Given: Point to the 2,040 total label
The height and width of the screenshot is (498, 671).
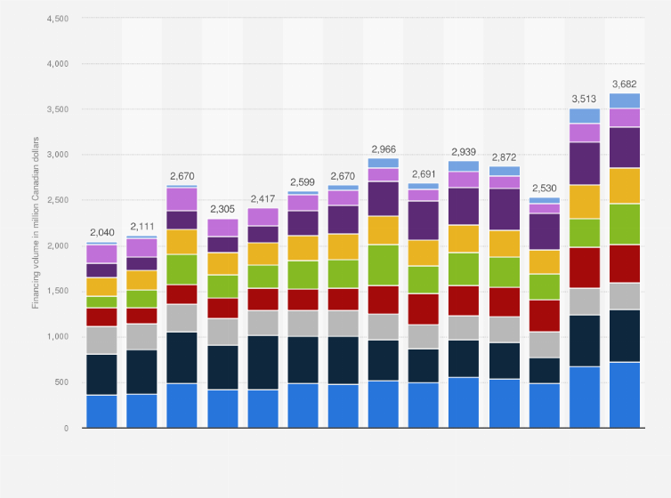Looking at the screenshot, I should tap(101, 233).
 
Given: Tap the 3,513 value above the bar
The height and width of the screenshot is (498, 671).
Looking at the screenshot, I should tap(584, 100).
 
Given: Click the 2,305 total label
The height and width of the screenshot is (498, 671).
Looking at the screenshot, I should tap(222, 210).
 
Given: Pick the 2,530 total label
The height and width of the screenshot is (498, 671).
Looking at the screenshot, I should tap(544, 189).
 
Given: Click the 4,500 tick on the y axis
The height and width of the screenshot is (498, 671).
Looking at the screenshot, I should tap(56, 19).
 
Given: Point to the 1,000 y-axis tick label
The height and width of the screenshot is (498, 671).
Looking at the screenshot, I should tap(56, 337).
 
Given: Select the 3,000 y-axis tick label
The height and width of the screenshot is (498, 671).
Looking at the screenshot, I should tap(56, 155).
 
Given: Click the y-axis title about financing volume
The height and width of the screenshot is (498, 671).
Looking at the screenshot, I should tap(36, 222).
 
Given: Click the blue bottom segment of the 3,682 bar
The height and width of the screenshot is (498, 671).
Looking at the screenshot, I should tap(625, 395).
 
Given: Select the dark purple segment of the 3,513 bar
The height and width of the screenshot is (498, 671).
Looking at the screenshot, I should tap(584, 164).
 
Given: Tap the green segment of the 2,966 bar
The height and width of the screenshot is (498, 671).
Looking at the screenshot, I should tap(384, 265).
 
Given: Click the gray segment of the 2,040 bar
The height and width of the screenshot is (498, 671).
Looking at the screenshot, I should tap(101, 341).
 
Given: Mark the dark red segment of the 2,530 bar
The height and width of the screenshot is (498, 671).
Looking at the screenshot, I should tap(544, 316).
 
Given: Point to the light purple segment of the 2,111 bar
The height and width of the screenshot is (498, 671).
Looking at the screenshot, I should tap(141, 248).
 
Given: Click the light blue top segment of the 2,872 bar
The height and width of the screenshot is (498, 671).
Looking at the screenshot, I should tap(504, 171).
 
